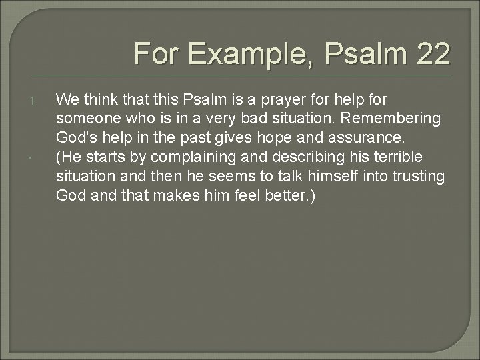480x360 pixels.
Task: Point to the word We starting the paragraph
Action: click(67, 100)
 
